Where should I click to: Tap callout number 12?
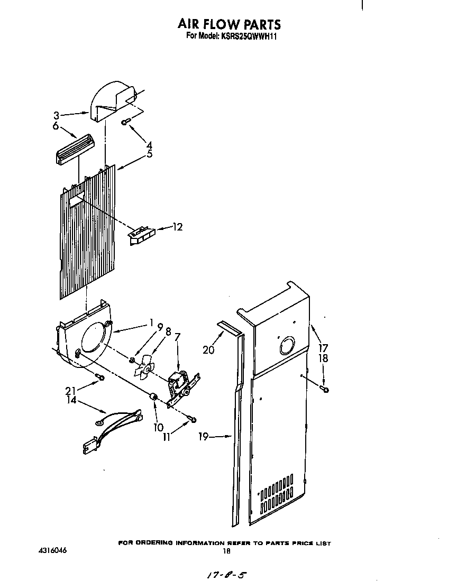coord(177,227)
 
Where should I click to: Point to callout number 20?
coord(209,349)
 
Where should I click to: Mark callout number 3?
coord(57,115)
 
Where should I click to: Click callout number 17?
coord(323,348)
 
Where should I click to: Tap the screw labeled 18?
coord(324,390)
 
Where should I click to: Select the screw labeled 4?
coord(125,122)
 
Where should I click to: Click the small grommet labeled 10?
coord(154,397)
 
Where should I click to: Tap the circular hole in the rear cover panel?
coord(287,346)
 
